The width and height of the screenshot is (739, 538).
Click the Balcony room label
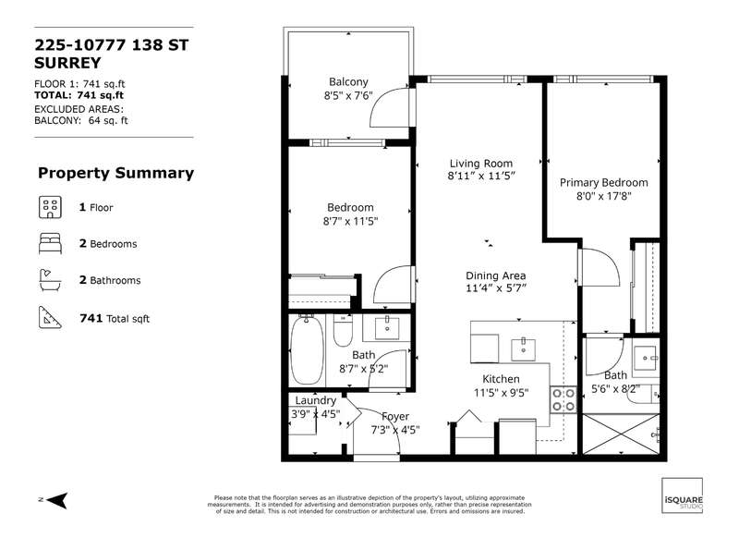[348, 82]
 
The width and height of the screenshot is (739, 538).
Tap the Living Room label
[480, 164]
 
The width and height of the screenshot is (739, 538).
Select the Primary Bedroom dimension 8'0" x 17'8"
[604, 196]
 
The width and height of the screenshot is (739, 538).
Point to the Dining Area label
[496, 275]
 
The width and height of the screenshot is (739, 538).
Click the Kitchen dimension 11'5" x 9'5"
[501, 393]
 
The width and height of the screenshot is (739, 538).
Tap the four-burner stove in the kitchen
[563, 400]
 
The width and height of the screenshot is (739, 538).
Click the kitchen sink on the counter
[523, 349]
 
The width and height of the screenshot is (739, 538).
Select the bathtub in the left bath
[307, 349]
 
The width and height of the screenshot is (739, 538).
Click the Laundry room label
[315, 400]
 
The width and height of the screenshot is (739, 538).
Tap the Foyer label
[395, 416]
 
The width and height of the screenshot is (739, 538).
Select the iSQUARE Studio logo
[682, 495]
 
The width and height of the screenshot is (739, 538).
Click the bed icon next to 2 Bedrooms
[50, 243]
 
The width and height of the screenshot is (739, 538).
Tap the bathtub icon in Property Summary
[50, 280]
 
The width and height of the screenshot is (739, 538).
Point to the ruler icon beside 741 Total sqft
[50, 317]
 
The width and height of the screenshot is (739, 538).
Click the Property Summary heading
[116, 173]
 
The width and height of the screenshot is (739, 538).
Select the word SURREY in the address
[67, 63]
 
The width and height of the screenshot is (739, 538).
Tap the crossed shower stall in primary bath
[621, 434]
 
